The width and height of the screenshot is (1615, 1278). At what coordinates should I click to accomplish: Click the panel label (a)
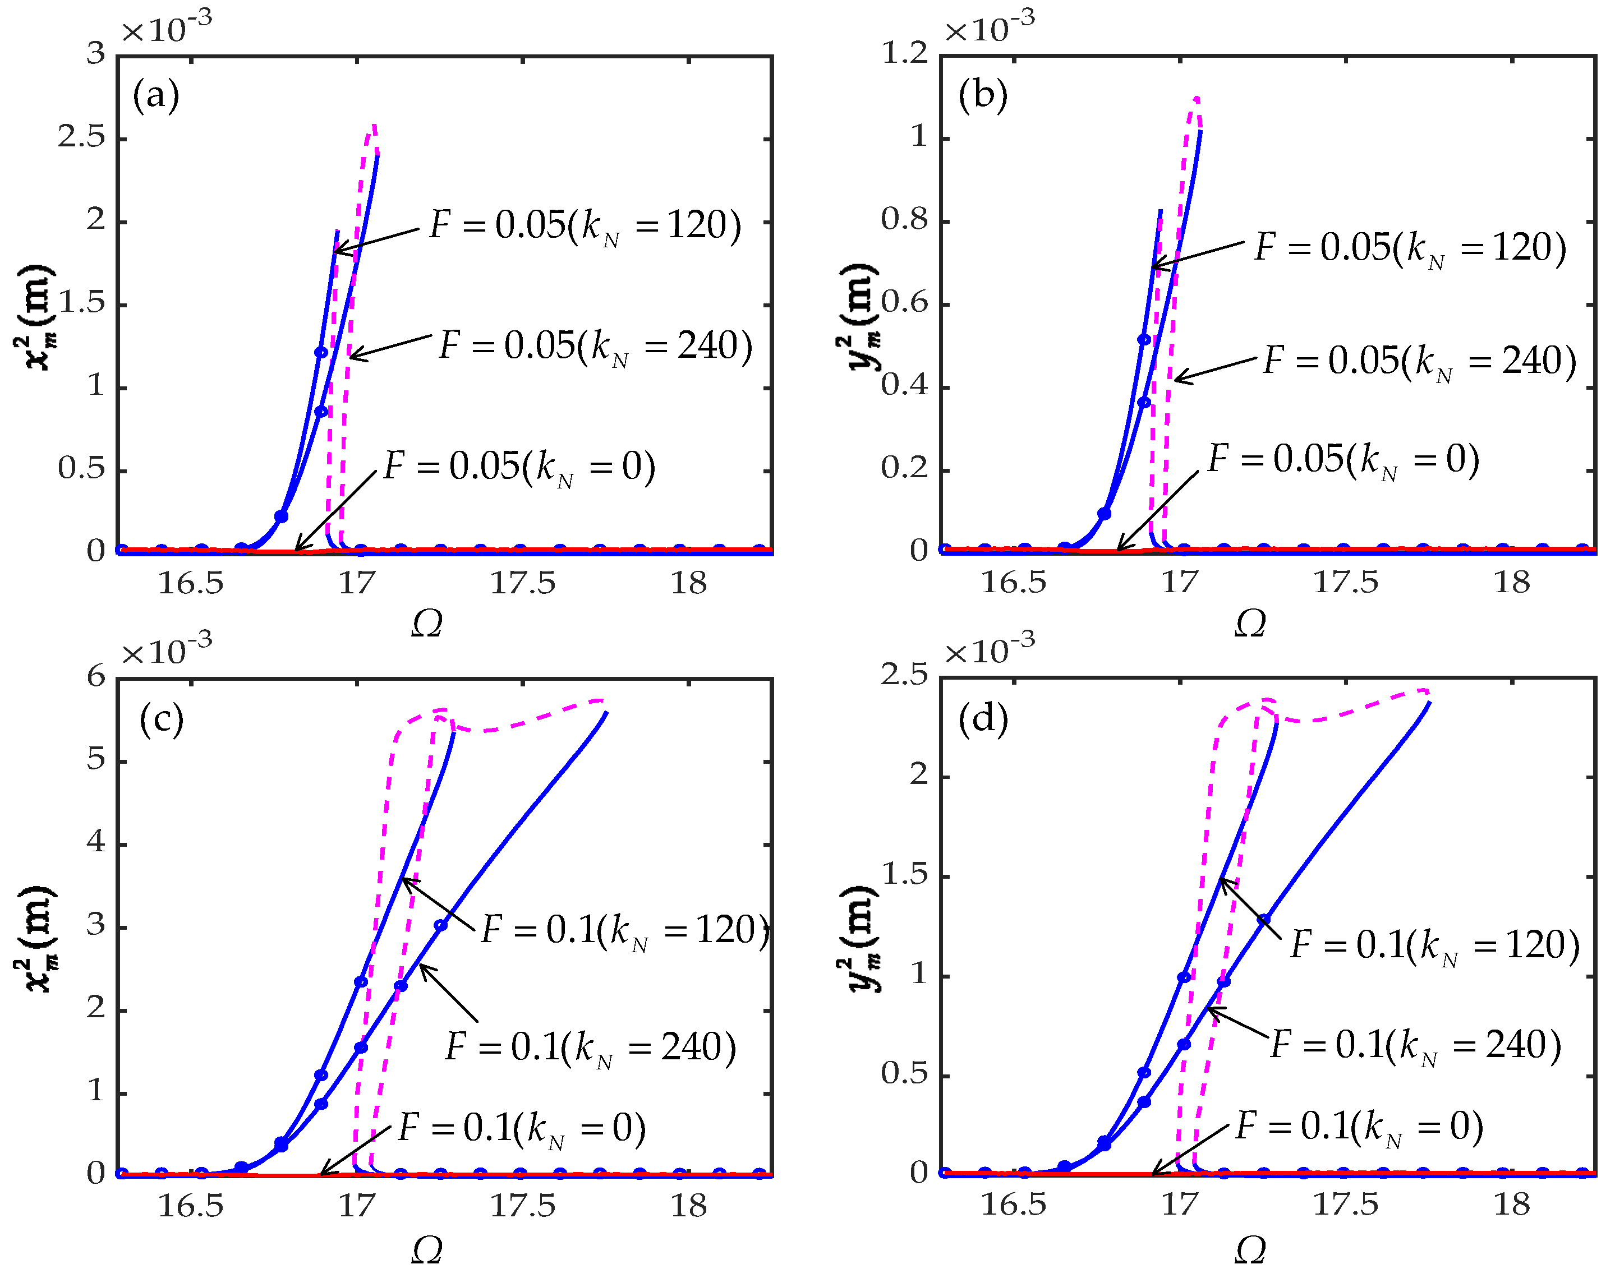coord(155,96)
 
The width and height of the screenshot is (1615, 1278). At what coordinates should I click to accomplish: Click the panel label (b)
coord(983,96)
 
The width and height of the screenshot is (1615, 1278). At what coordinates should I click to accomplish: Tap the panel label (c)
coord(161,720)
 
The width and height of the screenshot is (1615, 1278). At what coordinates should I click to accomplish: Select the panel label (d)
coord(983,720)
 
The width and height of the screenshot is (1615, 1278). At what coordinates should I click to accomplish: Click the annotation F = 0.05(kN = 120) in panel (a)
coord(585,225)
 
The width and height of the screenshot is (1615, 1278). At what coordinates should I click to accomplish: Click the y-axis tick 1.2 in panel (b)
coord(904,53)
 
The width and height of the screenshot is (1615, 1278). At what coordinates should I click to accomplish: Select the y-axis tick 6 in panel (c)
coord(96,677)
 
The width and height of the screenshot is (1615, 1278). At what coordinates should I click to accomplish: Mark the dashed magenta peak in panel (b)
coord(1196,99)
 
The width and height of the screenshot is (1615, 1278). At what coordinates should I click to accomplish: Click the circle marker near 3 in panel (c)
coord(441,926)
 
